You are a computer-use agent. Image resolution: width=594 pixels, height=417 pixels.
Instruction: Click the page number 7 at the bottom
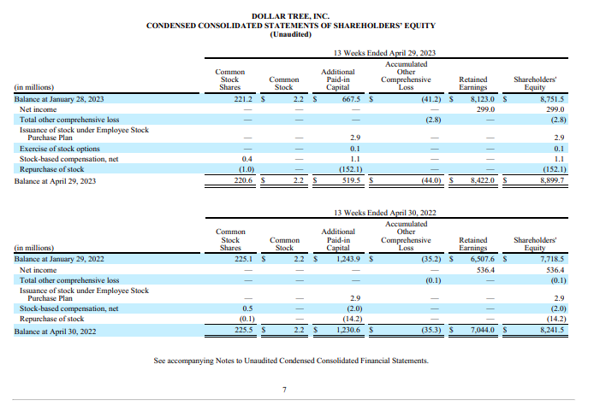[284, 391]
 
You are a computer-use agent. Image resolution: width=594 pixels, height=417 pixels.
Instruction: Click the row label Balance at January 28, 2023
[59, 100]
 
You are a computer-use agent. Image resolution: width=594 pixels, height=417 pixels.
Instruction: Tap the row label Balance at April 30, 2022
[55, 331]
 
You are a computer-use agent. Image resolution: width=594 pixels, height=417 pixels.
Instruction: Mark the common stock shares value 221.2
[243, 100]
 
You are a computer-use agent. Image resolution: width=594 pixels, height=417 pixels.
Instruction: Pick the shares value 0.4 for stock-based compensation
[247, 159]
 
